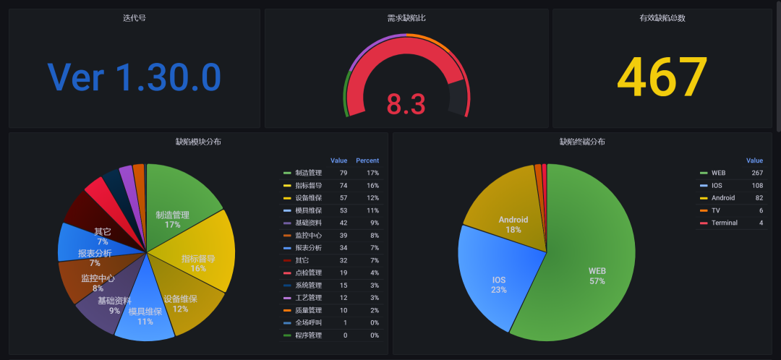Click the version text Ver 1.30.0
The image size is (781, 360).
coord(134,77)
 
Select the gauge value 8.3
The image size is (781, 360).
coord(406,103)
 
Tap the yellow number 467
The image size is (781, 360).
coord(662,77)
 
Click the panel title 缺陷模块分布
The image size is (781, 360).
coord(198,142)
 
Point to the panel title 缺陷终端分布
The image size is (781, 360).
coord(582,142)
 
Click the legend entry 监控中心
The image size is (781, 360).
coord(309,235)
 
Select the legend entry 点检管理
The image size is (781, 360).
coord(309,273)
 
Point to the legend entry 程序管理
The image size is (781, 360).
coord(309,335)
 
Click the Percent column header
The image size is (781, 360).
coord(367,160)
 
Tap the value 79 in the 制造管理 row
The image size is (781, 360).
coord(343,173)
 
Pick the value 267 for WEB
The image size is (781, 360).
coord(756,173)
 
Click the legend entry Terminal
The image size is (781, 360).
coord(724,223)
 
